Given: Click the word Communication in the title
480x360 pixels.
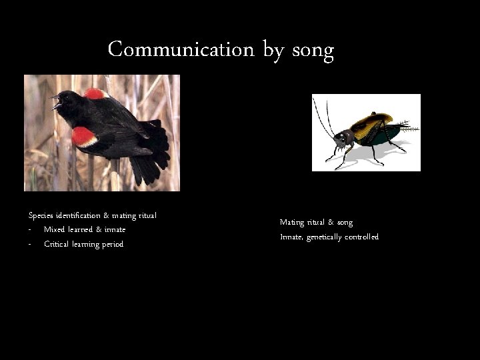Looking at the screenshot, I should pos(181,50).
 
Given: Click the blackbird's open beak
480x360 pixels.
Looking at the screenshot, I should pos(56,101).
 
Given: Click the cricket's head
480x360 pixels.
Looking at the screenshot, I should pos(343,139).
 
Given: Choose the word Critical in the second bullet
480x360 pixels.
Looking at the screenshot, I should pos(57,244).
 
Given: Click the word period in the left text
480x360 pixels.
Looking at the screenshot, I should pos(112,245).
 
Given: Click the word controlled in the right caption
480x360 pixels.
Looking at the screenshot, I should pos(362,237).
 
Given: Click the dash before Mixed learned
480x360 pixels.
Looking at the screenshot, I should pos(30,230).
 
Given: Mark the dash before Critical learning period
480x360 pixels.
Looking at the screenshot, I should pos(30,245).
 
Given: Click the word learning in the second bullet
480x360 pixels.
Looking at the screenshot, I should pos(86,245).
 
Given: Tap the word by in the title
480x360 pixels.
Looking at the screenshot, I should pos(273,51).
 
